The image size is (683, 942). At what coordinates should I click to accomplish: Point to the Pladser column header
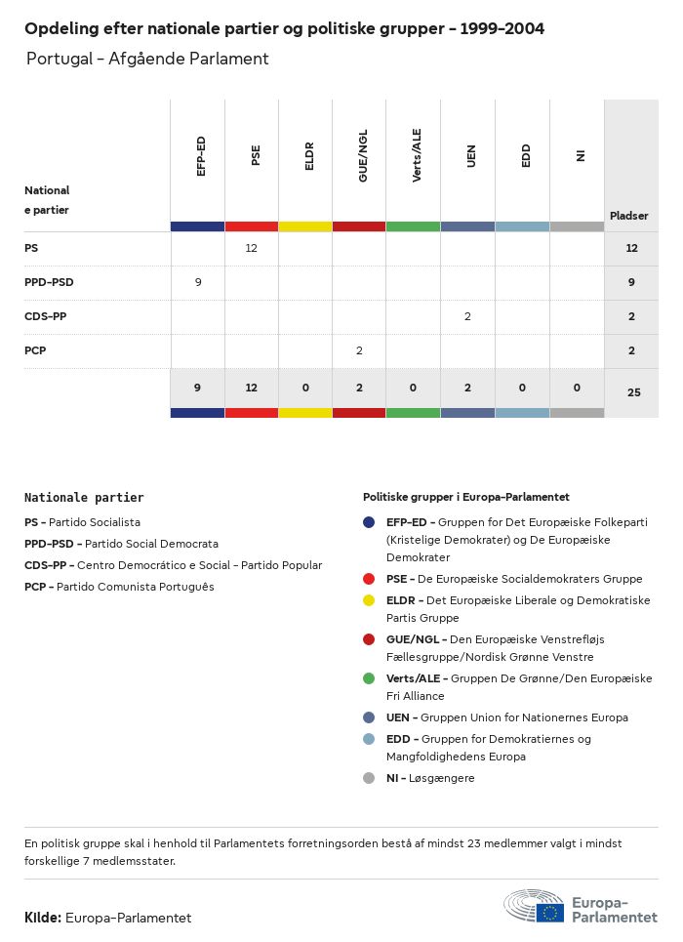coord(629,216)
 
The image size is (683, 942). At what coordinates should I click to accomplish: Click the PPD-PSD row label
coord(49,282)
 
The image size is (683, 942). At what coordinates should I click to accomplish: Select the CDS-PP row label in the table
coord(46,316)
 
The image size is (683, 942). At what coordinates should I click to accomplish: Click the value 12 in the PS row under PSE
coord(251,248)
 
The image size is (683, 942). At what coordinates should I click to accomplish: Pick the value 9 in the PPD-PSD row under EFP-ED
coord(198,282)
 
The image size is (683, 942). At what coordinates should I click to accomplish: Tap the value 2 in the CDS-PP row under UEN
coord(467,316)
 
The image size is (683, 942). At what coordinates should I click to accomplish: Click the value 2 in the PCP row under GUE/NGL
coord(359,350)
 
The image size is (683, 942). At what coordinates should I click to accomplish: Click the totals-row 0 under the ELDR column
coord(305,388)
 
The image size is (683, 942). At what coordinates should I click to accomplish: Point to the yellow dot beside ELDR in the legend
coord(368,600)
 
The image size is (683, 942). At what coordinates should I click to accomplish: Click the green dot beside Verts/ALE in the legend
coord(368,678)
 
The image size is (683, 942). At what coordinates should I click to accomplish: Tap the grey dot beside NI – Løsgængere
coord(368,778)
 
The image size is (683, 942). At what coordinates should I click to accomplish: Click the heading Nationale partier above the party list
coord(84,497)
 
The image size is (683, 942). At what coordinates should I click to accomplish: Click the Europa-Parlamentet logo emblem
coord(534,906)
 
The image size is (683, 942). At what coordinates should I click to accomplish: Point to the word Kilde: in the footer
coord(43,918)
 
